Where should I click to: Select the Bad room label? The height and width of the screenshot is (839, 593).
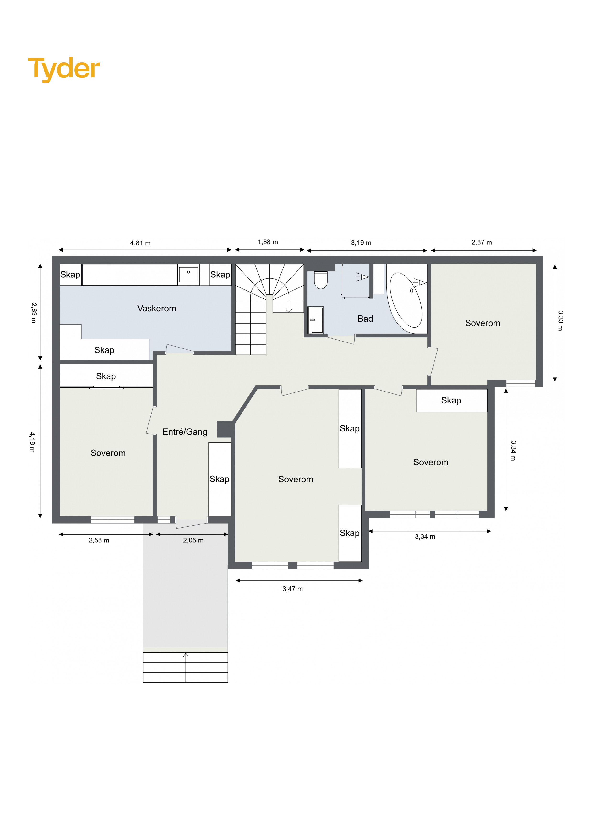point(365,319)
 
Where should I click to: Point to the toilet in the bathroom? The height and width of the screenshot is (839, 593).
point(321,280)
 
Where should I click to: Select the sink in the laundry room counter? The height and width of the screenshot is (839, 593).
point(188,274)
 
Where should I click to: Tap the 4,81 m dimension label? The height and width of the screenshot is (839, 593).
point(140,243)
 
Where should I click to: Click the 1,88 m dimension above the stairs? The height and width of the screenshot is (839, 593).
point(268,242)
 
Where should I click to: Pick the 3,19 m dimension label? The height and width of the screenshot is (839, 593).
point(361,243)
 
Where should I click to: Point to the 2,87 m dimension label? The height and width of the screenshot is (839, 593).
point(482,242)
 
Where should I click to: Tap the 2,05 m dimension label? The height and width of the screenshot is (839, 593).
point(193,540)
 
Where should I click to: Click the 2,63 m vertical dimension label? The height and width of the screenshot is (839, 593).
point(34,313)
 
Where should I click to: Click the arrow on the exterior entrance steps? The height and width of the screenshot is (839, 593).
point(186,667)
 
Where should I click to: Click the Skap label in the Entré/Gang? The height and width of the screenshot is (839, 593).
point(220,479)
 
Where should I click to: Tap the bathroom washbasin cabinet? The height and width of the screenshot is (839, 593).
point(316,320)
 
